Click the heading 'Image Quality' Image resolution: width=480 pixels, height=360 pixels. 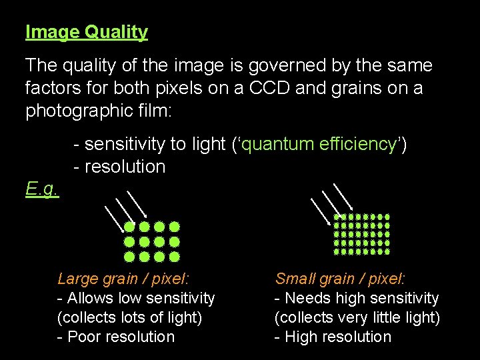tap(87, 32)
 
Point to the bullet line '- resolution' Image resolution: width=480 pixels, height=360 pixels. tap(119, 167)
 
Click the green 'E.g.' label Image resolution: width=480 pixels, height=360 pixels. tap(42, 190)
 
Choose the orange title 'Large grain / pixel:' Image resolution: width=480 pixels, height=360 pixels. tap(123, 279)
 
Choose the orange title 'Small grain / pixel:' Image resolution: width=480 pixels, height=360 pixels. tap(341, 279)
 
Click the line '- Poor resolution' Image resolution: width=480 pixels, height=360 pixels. tap(116, 337)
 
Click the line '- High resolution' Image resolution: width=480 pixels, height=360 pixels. tap(333, 337)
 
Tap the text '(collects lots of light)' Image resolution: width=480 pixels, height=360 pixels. tap(129, 317)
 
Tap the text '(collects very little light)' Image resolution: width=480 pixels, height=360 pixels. tap(357, 317)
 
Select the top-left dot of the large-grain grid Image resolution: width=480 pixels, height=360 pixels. tap(129, 227)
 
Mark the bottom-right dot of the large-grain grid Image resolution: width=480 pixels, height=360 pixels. tap(175, 257)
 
